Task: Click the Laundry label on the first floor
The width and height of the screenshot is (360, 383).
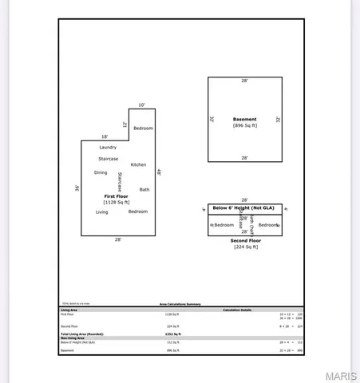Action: [x=108, y=148]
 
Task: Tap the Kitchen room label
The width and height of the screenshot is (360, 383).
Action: [x=138, y=164]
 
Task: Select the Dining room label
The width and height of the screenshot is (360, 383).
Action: [x=101, y=172]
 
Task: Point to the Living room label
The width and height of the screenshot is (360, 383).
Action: [x=102, y=211]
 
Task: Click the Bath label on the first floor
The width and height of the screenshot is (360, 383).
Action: [x=144, y=189]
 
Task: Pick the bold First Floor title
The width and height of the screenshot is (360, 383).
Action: [x=117, y=195]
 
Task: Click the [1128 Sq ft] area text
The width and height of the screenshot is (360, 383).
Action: [x=117, y=203]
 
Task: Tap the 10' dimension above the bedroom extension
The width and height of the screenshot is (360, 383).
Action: [x=141, y=105]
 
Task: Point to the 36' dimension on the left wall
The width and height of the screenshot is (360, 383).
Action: [x=77, y=188]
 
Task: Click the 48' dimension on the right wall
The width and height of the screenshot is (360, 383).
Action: [x=159, y=172]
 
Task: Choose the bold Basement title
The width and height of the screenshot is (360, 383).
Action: [x=244, y=119]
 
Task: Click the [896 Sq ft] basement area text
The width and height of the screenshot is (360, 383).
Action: [x=244, y=126]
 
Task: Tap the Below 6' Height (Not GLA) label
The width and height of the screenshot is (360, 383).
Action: [x=244, y=209]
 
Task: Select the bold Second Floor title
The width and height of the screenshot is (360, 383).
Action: [x=244, y=239]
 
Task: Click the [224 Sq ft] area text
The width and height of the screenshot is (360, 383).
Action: [x=244, y=247]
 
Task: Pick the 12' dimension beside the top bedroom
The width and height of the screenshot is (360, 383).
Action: [x=125, y=124]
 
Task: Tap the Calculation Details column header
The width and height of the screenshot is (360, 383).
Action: [x=236, y=310]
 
